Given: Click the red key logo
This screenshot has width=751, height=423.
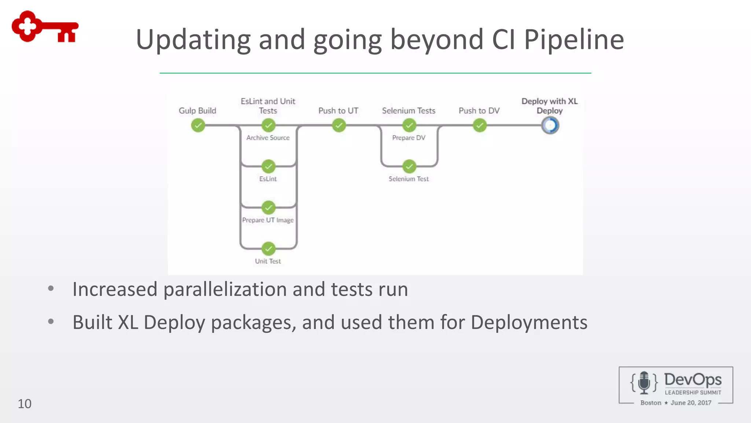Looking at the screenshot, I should click(x=45, y=26).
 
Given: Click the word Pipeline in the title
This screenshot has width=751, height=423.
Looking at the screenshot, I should click(x=574, y=40).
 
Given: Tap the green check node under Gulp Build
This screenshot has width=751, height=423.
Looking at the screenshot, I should click(x=198, y=126).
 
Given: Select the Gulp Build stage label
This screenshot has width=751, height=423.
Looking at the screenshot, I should click(x=197, y=111).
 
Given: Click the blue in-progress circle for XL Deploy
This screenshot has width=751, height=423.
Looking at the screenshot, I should click(x=550, y=126).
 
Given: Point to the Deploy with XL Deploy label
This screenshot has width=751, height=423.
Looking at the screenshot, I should click(x=549, y=106).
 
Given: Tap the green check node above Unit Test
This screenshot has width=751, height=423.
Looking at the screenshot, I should click(x=268, y=249).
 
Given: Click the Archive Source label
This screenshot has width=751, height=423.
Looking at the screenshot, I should click(x=268, y=138).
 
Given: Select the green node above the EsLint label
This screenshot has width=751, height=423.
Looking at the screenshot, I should click(x=268, y=166).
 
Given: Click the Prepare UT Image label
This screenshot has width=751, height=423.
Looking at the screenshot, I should click(x=268, y=220).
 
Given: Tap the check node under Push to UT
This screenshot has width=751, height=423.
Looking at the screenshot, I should click(x=339, y=126).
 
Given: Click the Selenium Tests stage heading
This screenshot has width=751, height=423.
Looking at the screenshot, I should click(x=409, y=111).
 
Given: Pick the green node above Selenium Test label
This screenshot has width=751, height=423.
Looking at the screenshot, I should click(x=409, y=166).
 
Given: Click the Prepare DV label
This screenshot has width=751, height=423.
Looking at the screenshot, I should click(x=409, y=138).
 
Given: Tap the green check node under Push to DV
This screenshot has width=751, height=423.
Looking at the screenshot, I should click(x=480, y=126).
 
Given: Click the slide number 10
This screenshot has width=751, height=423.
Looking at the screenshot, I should click(x=25, y=404).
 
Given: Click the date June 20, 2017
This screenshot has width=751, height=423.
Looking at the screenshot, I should click(x=691, y=403).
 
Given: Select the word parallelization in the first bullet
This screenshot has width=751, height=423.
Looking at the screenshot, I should click(x=225, y=289).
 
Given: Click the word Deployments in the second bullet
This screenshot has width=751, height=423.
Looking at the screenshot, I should click(x=529, y=322).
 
